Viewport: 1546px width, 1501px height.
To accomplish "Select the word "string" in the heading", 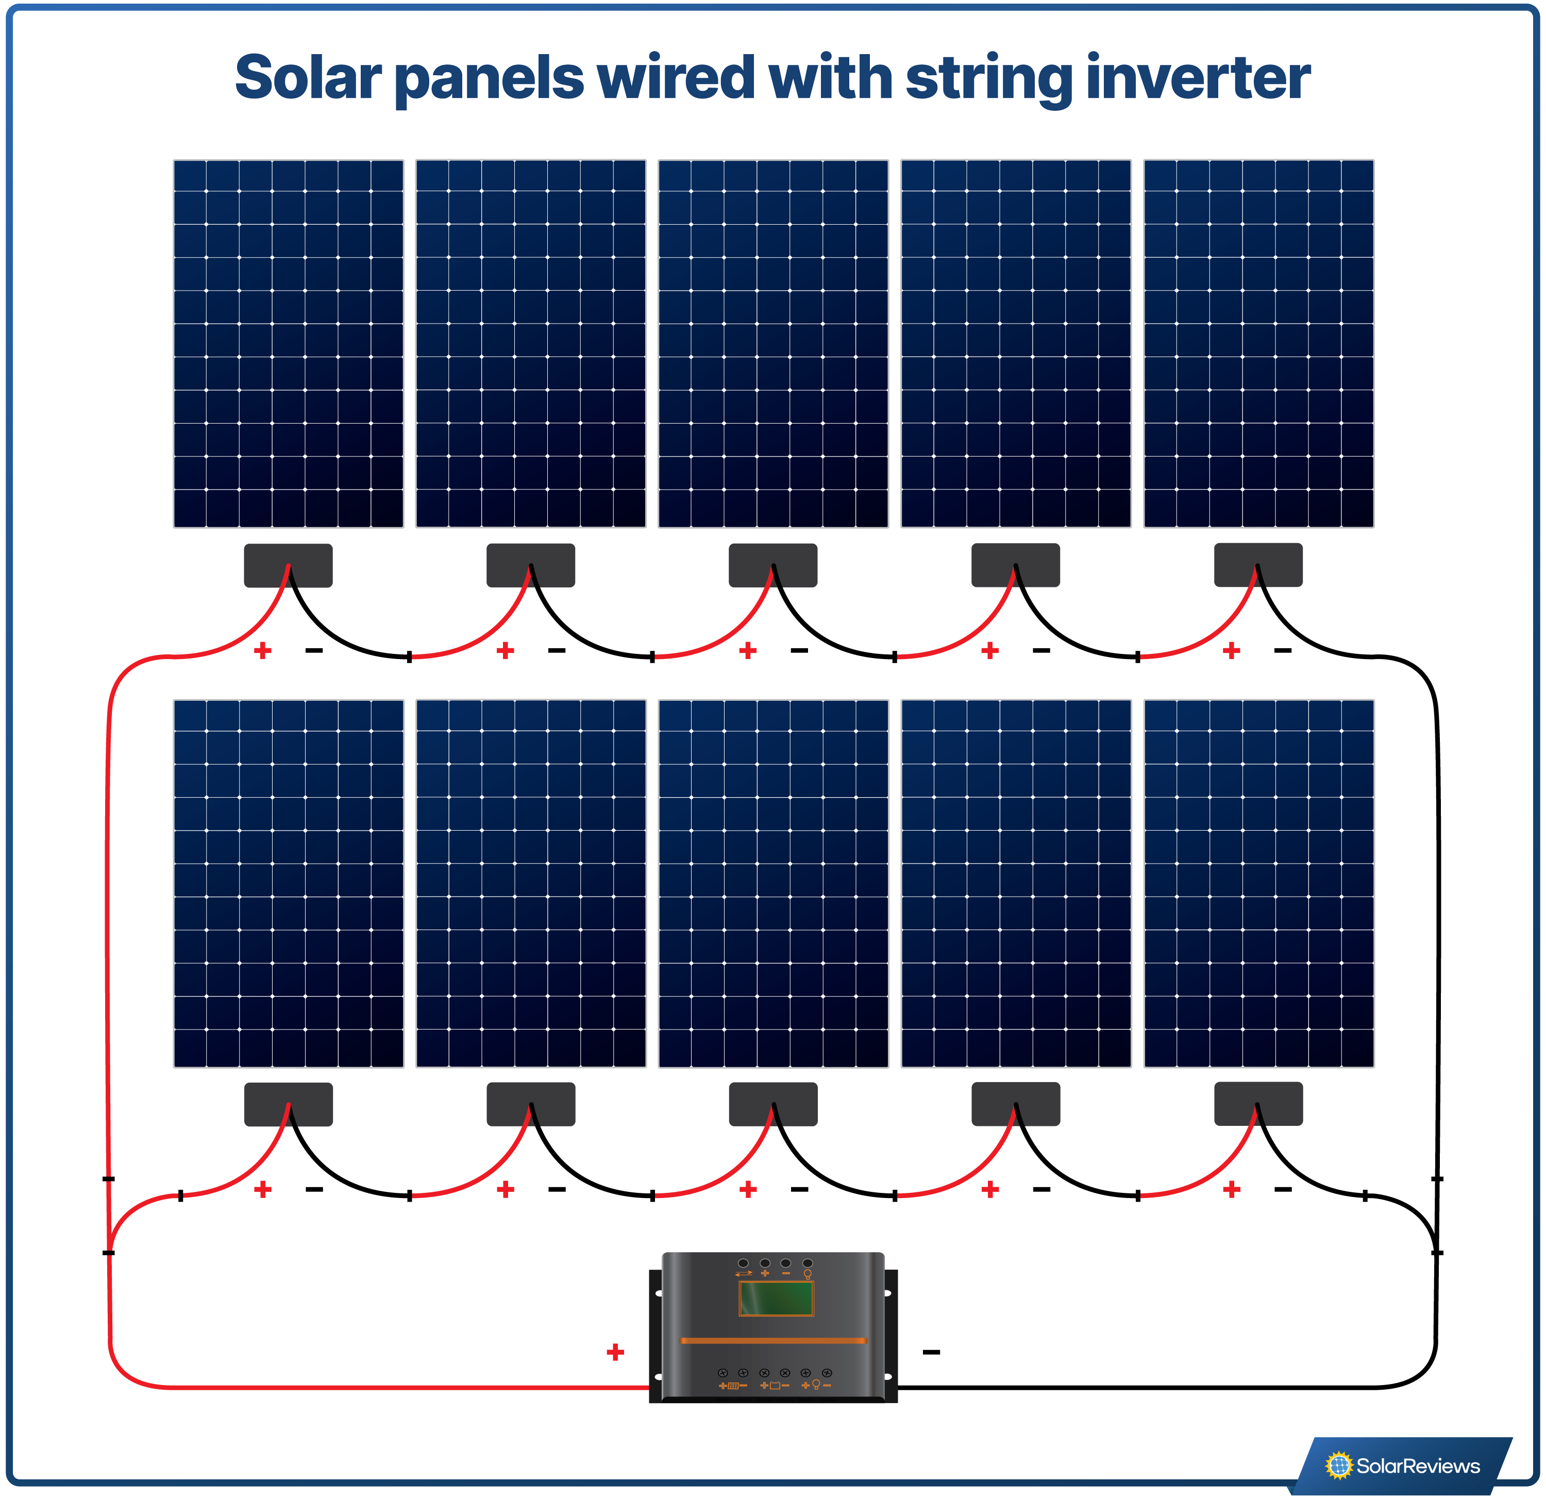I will pos(990,79).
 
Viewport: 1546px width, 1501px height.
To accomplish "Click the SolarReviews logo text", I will pos(1418,1465).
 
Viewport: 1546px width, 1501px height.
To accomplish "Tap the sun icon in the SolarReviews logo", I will pos(1338,1465).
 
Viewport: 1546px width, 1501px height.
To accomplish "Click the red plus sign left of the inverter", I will pos(615,1352).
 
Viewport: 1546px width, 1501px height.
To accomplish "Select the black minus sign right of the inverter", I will pos(931,1352).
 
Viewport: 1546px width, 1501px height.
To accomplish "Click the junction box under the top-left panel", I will pos(288,565).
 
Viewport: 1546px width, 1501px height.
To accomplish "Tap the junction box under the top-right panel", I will pos(1257,565).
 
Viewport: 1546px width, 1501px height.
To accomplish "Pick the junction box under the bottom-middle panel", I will pos(773,1104).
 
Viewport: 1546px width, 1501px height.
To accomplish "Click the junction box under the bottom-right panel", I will pos(1257,1104).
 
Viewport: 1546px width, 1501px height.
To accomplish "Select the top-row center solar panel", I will pos(773,343).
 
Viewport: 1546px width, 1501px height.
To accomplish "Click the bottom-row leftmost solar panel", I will pos(288,883).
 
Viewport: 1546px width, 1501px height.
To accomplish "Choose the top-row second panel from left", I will pos(530,343).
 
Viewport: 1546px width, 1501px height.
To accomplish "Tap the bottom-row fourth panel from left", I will pos(1015,883).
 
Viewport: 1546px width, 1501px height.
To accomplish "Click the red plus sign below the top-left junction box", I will pos(263,651).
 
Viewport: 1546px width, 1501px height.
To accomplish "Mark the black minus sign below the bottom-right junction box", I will pos(1283,1189).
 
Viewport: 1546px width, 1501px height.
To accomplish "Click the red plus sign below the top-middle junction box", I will pos(748,651).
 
